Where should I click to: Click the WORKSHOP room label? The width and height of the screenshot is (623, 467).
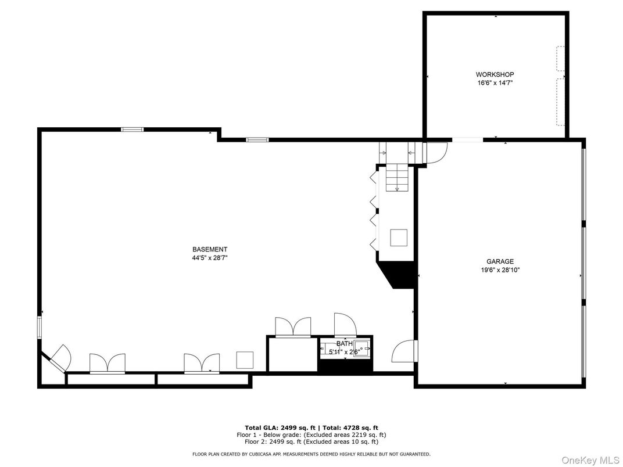(x=495, y=74)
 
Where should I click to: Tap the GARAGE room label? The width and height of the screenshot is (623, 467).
(x=500, y=261)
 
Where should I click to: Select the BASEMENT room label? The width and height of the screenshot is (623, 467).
(x=210, y=249)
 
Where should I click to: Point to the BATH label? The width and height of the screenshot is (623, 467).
(x=345, y=343)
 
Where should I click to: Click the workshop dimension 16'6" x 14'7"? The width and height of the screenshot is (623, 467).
(x=495, y=83)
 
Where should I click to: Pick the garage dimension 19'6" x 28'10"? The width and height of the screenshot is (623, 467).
(x=500, y=270)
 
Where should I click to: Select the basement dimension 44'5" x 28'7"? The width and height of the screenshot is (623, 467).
(x=210, y=258)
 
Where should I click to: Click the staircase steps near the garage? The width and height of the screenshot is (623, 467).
(x=398, y=178)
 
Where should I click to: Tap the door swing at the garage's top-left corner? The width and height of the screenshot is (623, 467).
(x=437, y=153)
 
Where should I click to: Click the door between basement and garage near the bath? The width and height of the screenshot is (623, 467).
(x=403, y=351)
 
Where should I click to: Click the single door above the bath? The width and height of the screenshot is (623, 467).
(x=345, y=325)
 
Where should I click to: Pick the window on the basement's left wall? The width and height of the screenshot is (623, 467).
(x=40, y=327)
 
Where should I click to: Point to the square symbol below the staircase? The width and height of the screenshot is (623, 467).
(x=399, y=238)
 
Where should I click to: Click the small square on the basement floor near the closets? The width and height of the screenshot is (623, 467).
(x=245, y=360)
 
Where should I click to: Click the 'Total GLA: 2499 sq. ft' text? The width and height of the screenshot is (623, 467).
(x=280, y=428)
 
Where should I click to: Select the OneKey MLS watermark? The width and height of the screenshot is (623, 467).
(x=590, y=460)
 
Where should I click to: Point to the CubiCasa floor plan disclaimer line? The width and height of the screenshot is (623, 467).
(x=311, y=454)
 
